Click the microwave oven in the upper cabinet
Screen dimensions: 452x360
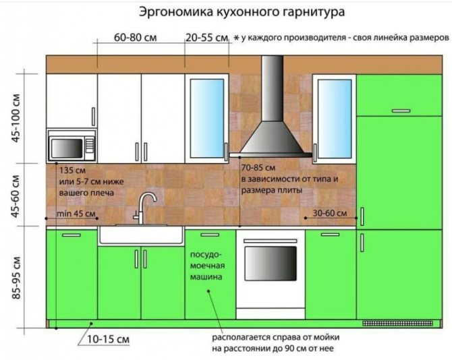(71, 146)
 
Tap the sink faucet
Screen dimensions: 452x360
(144, 206)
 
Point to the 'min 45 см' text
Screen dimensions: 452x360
(78, 214)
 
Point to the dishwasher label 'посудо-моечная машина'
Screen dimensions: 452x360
(210, 266)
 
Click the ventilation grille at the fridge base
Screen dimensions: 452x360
(391, 324)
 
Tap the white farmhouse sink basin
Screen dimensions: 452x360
(141, 235)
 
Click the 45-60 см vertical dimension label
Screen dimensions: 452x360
(16, 196)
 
